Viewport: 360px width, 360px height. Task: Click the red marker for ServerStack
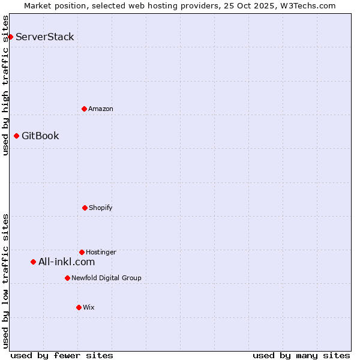[x=10, y=37]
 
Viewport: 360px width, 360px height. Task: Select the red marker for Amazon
[x=84, y=109]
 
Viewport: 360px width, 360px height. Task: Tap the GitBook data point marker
[x=16, y=136]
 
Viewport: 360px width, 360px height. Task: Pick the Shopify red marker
[x=85, y=208]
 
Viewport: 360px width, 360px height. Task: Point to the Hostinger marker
[x=82, y=252]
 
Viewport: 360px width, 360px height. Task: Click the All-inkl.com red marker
[x=33, y=262]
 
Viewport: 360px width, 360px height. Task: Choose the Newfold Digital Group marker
[x=67, y=278]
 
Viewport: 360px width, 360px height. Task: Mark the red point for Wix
[x=79, y=307]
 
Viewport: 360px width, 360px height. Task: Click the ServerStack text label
[x=45, y=37]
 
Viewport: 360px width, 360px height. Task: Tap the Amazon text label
[x=101, y=109]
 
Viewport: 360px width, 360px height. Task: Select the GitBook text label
[x=40, y=136]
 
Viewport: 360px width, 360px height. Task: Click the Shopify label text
[x=101, y=208]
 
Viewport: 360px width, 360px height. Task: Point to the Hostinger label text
[x=101, y=252]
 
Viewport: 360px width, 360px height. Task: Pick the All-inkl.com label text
[x=67, y=262]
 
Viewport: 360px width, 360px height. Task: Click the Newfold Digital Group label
[x=106, y=278]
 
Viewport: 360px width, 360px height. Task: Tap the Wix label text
[x=89, y=307]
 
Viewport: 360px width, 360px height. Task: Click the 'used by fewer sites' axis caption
[x=62, y=355]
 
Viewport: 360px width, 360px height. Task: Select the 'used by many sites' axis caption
[x=301, y=355]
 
